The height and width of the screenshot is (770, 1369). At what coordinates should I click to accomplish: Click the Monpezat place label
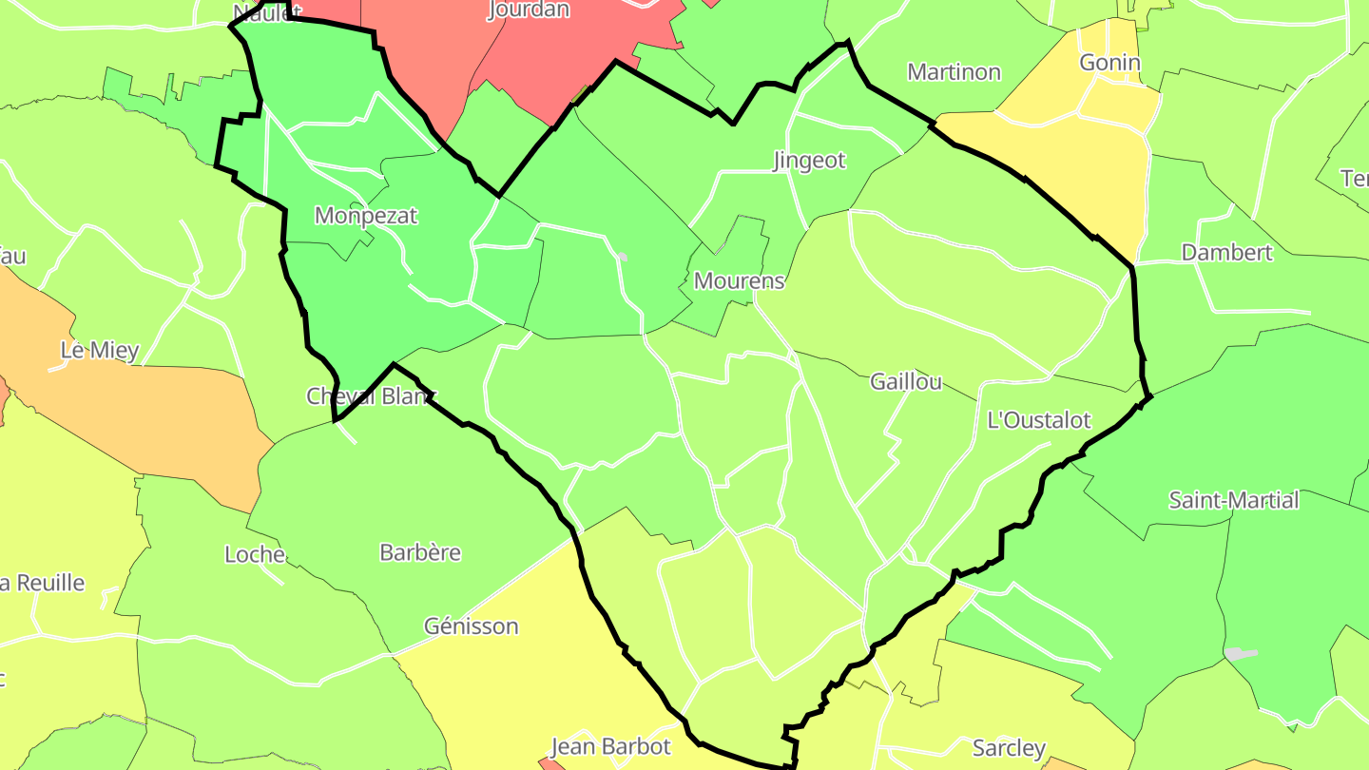(366, 216)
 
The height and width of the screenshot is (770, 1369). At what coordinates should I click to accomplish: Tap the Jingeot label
(809, 160)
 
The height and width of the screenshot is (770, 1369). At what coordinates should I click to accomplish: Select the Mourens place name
(740, 280)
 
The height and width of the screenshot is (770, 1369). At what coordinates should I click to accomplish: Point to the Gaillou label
(906, 381)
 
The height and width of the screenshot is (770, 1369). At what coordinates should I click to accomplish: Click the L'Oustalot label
(1039, 419)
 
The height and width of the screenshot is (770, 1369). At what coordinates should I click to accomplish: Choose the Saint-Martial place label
(1233, 500)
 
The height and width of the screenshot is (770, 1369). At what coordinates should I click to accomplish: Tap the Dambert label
(1226, 252)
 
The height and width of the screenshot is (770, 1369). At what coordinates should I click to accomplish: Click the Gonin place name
(1109, 63)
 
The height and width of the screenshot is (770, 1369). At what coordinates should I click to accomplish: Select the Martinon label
(954, 71)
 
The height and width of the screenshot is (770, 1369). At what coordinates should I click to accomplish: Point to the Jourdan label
(529, 10)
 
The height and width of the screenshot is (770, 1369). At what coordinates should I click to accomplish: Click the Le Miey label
(100, 350)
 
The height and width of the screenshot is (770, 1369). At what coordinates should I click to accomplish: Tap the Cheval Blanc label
(371, 395)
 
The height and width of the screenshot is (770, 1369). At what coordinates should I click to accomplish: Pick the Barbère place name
(420, 552)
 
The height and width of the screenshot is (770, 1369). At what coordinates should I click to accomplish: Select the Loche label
(255, 554)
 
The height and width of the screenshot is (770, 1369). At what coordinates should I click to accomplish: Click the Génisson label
(472, 626)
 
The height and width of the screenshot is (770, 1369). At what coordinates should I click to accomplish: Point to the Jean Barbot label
(610, 746)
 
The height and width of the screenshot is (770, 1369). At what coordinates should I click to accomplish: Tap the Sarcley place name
(1009, 748)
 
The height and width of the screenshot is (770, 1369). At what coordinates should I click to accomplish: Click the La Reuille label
(43, 583)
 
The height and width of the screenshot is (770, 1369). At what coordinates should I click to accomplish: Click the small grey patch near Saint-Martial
(1241, 653)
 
